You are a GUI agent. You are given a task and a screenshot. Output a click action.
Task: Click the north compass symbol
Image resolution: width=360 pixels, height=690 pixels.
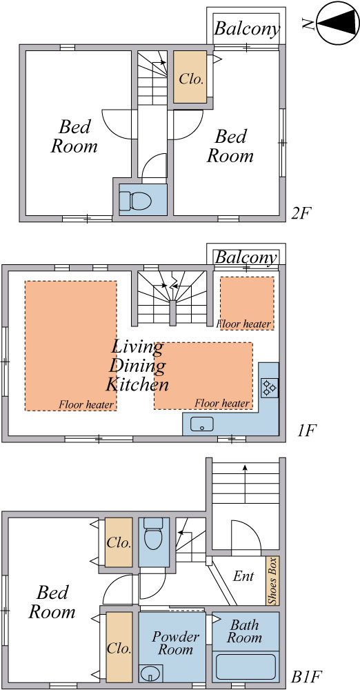tap(337, 23)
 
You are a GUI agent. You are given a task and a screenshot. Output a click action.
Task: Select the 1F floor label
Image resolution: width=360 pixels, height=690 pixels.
tap(306, 431)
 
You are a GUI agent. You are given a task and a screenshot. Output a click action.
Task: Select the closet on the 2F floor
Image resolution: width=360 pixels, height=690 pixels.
tap(190, 77)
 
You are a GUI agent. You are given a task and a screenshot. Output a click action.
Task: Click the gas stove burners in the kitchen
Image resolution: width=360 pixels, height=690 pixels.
tap(269, 388)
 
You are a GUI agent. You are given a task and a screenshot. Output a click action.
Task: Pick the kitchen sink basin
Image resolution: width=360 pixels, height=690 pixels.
tap(201, 424)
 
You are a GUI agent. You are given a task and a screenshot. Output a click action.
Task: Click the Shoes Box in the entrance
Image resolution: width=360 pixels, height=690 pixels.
tap(272, 581)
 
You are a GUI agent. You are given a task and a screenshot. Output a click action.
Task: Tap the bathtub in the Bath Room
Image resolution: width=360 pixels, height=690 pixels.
tap(246, 667)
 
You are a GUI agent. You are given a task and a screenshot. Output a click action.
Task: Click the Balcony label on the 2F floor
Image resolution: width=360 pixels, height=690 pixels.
tap(247, 29)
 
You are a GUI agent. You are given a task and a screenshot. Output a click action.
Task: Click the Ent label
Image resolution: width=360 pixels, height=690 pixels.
tap(244, 576)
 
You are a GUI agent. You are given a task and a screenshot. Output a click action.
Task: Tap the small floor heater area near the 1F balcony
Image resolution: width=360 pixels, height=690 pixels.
tap(247, 303)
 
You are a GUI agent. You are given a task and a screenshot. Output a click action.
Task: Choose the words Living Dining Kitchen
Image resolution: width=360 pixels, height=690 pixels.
tap(137, 366)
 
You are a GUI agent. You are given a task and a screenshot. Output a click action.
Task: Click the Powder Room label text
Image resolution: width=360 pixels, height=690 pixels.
tap(176, 643)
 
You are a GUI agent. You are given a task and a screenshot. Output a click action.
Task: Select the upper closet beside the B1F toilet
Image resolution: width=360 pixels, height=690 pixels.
tap(119, 542)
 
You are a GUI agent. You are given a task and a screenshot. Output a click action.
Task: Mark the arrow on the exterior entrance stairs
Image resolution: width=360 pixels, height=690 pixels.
tap(245, 474)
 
